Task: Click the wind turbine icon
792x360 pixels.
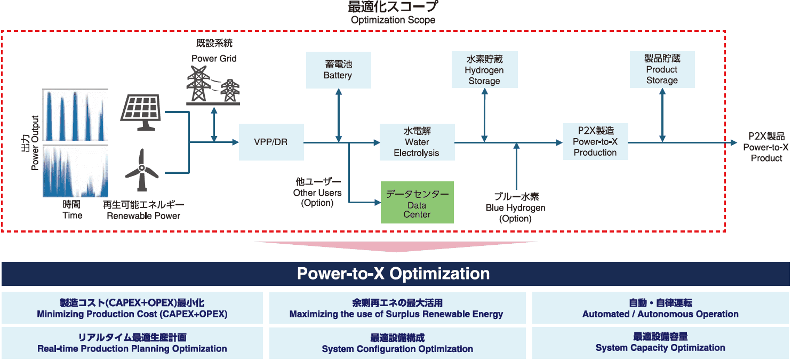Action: click(141, 170)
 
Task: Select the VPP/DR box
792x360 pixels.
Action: click(271, 142)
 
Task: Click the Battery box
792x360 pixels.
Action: click(338, 70)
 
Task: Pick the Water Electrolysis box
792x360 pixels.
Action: click(417, 142)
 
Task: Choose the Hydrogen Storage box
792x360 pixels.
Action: click(484, 70)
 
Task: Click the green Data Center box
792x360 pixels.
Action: click(417, 203)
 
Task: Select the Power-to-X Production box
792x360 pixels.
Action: click(595, 141)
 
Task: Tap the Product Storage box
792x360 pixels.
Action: click(662, 69)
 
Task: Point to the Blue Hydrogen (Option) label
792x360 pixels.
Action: click(516, 207)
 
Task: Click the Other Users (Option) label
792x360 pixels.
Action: click(317, 193)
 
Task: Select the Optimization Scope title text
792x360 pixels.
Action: click(393, 13)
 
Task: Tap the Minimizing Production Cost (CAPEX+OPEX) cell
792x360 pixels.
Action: click(132, 308)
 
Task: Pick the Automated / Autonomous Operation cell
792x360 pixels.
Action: click(660, 308)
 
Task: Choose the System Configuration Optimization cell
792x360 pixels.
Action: click(397, 343)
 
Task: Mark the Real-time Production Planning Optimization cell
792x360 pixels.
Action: click(132, 343)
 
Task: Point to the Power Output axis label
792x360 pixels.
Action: click(30, 143)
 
